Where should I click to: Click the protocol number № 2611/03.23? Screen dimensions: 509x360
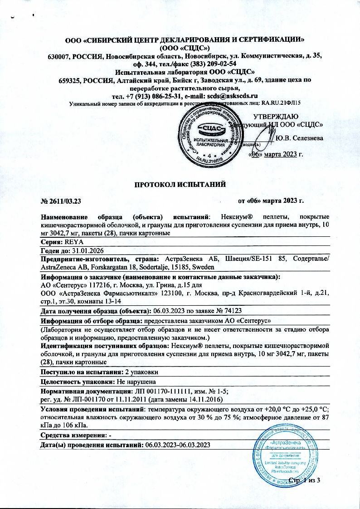tap(61, 200)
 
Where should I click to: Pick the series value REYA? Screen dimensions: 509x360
tap(75, 243)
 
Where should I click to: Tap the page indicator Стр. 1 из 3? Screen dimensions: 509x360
tap(304, 480)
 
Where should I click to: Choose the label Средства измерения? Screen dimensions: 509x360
tap(73, 436)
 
